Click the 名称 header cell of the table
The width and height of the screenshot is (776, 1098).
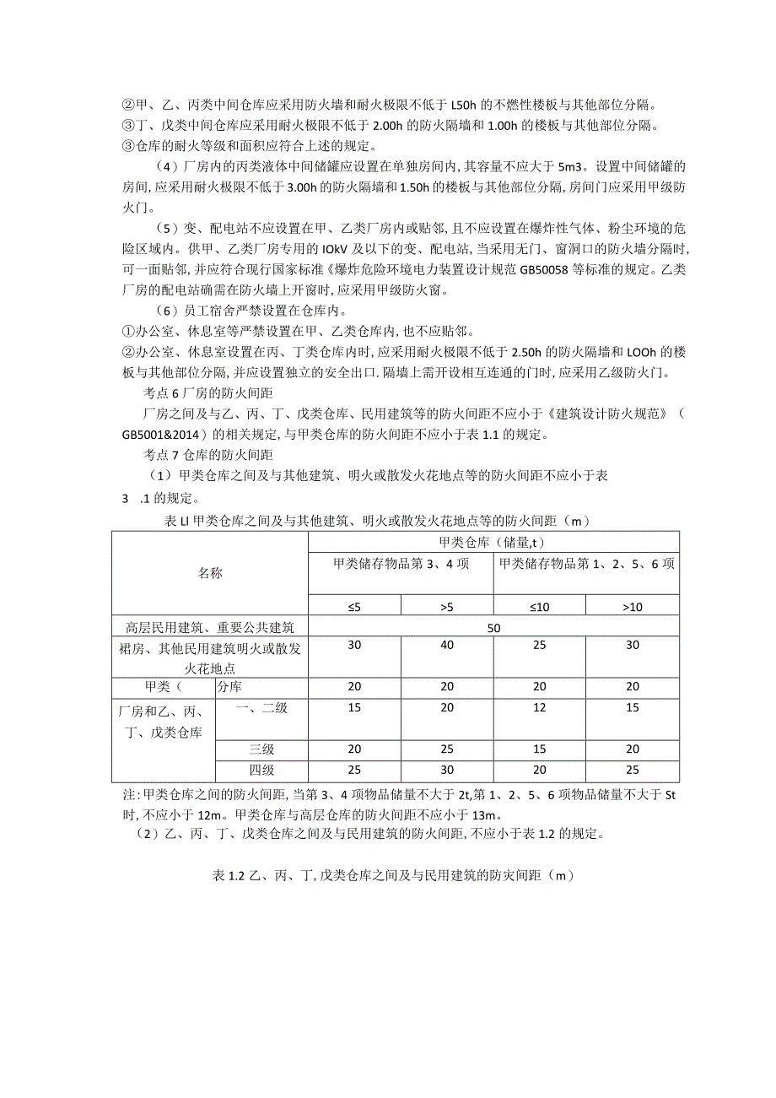click(210, 573)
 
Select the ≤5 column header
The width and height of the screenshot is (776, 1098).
click(353, 605)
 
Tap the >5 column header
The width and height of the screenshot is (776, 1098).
click(447, 605)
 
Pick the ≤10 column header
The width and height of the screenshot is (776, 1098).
click(540, 605)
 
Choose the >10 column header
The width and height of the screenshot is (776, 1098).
click(633, 605)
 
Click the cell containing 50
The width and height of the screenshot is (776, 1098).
click(493, 627)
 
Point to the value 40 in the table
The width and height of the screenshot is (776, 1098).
click(447, 645)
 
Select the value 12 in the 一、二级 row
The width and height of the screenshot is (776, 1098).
click(540, 707)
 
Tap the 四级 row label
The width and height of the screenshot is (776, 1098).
click(261, 771)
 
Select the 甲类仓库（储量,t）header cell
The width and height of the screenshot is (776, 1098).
click(493, 542)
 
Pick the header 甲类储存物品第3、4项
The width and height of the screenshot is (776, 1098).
click(401, 564)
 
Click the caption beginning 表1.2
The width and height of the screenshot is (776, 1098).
click(393, 875)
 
